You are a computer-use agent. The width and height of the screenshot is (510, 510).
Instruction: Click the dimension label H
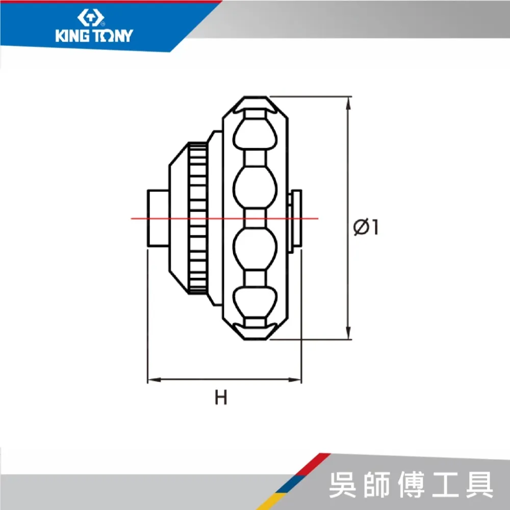click(220, 397)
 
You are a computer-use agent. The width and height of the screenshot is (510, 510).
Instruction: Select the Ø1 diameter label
click(366, 227)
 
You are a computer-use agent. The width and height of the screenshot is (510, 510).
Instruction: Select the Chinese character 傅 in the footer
click(411, 484)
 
